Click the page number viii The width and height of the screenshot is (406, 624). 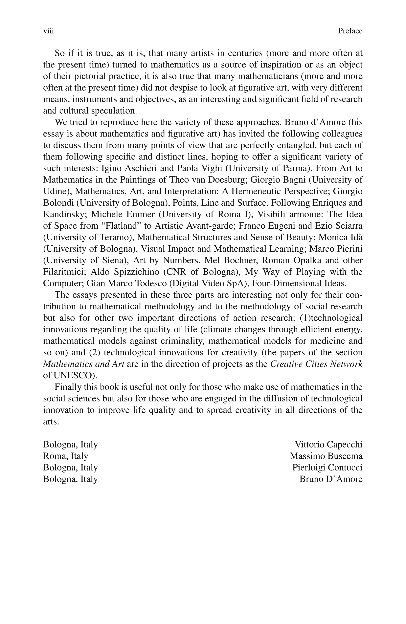coord(49,31)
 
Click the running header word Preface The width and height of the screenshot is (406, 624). coord(350,31)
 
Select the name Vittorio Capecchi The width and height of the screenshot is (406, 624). coord(328,444)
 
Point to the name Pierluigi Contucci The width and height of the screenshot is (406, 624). coord(327,467)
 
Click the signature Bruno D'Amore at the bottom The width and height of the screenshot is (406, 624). coord(331,479)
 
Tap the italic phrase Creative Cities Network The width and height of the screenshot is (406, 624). coord(316,364)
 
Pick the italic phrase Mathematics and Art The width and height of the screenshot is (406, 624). coord(83,364)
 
